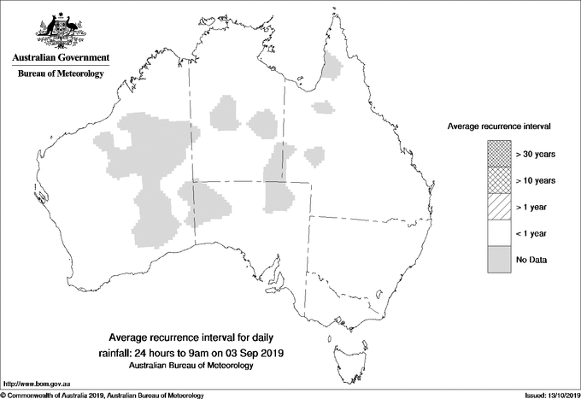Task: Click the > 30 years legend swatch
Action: (498, 154)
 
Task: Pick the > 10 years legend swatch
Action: (498, 180)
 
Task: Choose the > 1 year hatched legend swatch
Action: (498, 207)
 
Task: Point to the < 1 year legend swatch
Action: (498, 233)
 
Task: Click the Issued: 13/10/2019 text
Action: (547, 395)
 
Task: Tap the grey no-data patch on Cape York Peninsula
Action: (331, 64)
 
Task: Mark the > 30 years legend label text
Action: (536, 154)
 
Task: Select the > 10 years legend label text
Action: (536, 180)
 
